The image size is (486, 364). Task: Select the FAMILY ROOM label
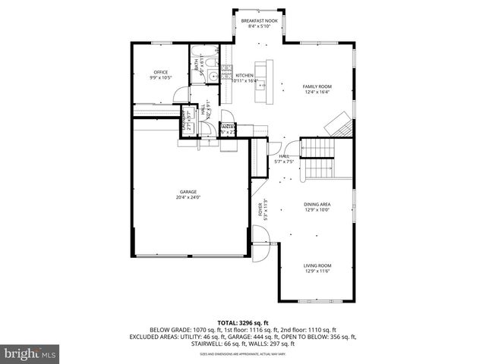[317, 86]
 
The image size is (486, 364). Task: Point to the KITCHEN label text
[244, 75]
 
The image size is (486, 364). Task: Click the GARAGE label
[188, 192]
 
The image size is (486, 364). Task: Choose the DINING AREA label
[318, 204]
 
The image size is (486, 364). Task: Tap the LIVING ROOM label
[318, 265]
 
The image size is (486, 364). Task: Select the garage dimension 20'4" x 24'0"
[188, 198]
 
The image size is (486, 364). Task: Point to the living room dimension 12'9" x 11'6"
[318, 271]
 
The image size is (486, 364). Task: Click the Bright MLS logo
[30, 353]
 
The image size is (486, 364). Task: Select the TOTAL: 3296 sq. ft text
[242, 323]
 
